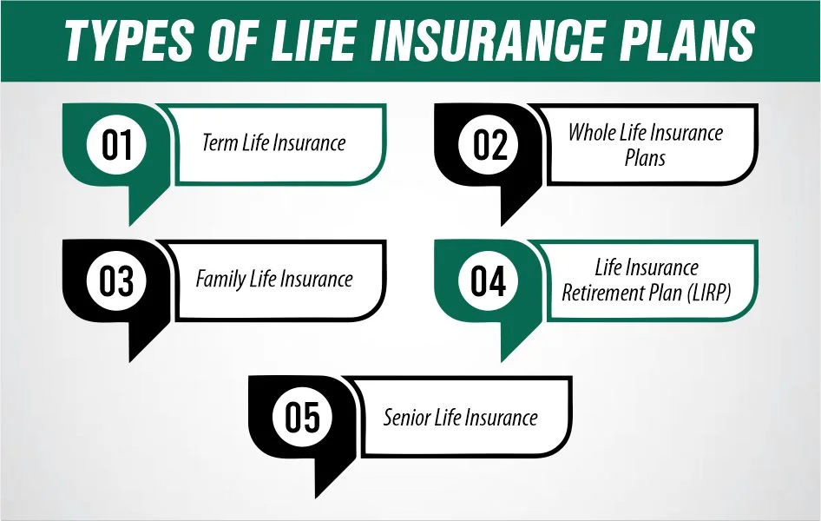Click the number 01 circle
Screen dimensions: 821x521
116,144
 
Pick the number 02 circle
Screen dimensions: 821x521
488,144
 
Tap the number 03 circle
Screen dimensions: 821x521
116,280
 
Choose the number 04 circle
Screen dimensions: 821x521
488,280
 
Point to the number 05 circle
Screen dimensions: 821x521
303,417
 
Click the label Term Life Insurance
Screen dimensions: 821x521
274,142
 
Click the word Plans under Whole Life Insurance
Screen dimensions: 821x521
645,158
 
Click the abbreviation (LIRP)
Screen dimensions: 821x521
708,293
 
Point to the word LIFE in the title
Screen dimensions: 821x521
312,40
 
